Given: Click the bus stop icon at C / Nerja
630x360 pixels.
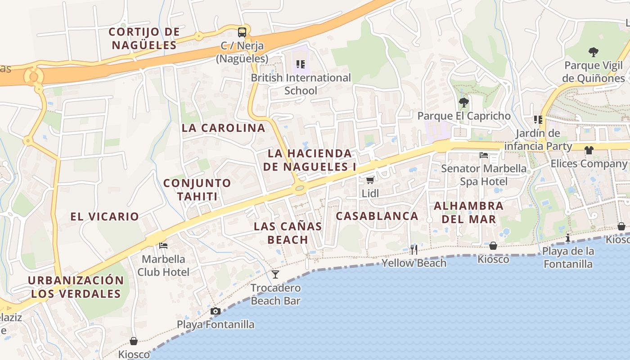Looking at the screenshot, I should (x=242, y=32).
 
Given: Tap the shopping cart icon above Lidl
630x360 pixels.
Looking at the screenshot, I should (x=370, y=180).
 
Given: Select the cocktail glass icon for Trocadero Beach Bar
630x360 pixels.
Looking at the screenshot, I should (x=275, y=274).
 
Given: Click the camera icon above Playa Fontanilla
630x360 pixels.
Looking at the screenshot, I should (x=216, y=311).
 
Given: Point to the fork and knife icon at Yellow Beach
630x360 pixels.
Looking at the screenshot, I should (x=414, y=249).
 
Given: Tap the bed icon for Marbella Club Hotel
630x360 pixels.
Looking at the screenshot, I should (x=163, y=245).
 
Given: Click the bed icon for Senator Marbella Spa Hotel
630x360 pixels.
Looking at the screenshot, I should (x=484, y=155).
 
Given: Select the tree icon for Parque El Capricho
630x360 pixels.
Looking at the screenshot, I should (x=463, y=103).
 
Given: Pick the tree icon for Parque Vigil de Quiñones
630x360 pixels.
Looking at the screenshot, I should (x=594, y=52).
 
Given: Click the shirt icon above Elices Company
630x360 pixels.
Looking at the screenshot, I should (x=589, y=150).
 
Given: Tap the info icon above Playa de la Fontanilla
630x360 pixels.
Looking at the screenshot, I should (x=568, y=238).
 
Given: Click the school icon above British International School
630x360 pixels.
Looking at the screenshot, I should (x=300, y=64).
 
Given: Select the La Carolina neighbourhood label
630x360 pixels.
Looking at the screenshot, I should (x=224, y=128).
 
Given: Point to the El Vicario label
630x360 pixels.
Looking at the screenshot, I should (x=104, y=216).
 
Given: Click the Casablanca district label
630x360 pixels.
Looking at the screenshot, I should (x=377, y=216).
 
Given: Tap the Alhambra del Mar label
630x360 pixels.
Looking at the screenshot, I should (x=468, y=212).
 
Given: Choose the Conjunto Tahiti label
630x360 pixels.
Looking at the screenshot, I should (x=197, y=189).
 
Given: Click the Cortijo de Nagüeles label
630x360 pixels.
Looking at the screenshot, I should (x=144, y=38).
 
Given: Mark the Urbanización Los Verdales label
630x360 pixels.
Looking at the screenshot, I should (x=76, y=287).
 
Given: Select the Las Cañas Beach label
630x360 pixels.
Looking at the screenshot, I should (x=288, y=233).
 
